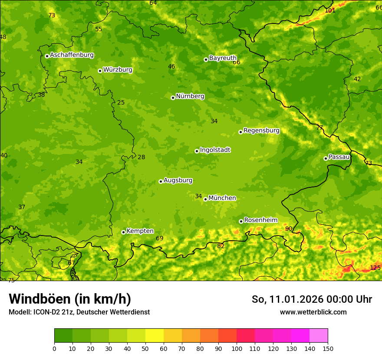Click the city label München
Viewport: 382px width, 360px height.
pos(222,198)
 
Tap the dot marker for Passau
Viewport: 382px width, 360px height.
pos(326,158)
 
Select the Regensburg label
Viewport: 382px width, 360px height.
pos(261,131)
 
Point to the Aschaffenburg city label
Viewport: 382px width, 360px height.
pos(72,55)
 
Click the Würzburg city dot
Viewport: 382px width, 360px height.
pos(100,71)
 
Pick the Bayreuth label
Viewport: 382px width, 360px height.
pos(223,58)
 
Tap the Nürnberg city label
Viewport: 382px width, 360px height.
pos(190,96)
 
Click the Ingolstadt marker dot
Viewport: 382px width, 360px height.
pos(197,151)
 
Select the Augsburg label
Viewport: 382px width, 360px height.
pos(178,180)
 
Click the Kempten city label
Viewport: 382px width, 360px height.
pos(140,231)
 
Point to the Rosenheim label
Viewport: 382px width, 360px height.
pos(260,220)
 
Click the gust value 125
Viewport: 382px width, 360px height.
pos(375,268)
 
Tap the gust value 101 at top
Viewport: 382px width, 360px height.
pos(330,10)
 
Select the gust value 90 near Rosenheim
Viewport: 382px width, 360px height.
pos(289,229)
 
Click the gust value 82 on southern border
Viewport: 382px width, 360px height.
pos(221,246)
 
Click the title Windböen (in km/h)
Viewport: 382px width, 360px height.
pos(69,299)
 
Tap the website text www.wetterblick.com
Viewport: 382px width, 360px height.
pos(313,312)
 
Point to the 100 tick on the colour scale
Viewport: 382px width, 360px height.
pos(237,348)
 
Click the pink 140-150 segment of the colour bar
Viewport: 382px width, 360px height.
pos(319,335)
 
